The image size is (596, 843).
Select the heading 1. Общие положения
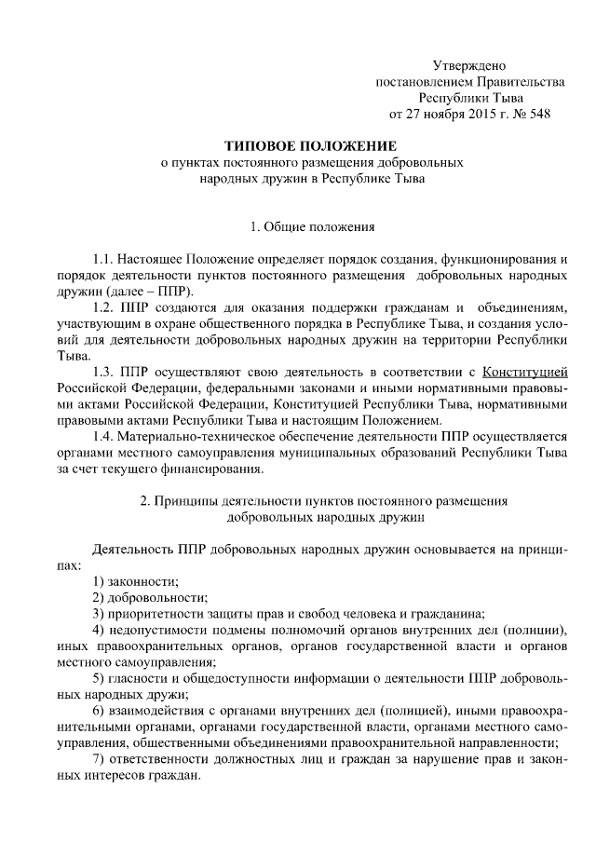pyautogui.click(x=298, y=225)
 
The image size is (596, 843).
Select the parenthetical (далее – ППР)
pyautogui.click(x=156, y=290)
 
